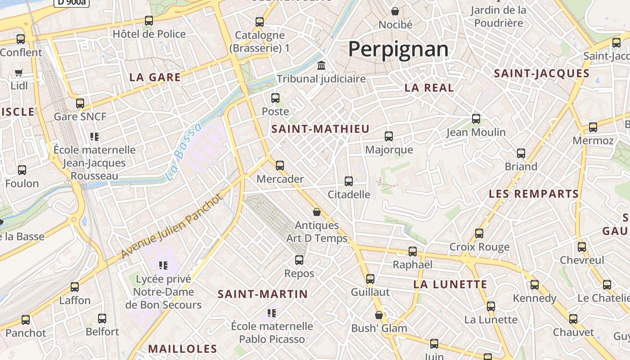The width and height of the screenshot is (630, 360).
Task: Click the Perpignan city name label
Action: coord(398,49)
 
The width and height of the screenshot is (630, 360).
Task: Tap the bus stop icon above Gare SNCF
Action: coord(80,103)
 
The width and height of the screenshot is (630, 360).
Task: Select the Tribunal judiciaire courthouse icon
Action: coord(321,66)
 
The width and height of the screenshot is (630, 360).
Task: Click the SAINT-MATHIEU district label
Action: coord(320,129)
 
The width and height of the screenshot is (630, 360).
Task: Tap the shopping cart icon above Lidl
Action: coord(19,72)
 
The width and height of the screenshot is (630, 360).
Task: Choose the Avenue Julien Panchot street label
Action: coord(172,226)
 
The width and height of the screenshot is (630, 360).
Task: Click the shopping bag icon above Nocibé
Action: coord(395,11)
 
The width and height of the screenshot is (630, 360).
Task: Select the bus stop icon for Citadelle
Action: coord(349,181)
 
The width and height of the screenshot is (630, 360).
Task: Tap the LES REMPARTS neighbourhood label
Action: coord(534,194)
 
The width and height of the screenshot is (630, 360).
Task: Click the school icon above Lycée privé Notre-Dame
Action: coord(163,265)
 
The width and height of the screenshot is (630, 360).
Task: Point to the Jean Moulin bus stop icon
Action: coord(476,119)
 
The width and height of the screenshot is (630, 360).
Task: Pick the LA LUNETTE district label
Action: coord(450,284)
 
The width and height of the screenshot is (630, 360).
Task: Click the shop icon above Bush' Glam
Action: coord(379,315)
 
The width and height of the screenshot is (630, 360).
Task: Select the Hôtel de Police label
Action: coord(149,34)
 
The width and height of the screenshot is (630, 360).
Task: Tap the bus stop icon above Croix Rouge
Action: coord(479,234)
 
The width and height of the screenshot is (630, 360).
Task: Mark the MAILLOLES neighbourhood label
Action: coord(183,349)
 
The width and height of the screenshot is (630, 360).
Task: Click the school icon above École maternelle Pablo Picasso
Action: coord(271,313)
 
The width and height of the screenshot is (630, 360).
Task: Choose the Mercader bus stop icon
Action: coord(280,166)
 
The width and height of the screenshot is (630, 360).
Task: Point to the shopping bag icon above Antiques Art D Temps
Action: coord(317,212)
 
